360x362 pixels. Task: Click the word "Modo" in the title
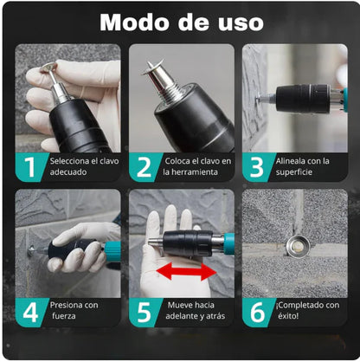point(134,22)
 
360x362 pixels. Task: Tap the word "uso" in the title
point(241,23)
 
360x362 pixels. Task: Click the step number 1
point(29,167)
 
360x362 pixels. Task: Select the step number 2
point(144,167)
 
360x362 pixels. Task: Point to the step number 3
point(257,167)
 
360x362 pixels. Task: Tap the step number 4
point(30,313)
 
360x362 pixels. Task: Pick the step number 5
point(144,313)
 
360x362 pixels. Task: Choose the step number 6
point(257,313)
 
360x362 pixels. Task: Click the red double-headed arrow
point(186,271)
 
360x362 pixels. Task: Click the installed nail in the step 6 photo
point(299,247)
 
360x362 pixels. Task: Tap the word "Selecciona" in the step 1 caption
point(70,161)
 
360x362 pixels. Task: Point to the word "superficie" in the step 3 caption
point(293,172)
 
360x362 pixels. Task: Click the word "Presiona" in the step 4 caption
point(67,305)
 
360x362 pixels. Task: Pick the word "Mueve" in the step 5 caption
point(179,305)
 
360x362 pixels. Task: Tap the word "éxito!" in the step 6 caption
point(288,315)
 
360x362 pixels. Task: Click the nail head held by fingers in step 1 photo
point(48,67)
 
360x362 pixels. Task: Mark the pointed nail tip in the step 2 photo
point(149,62)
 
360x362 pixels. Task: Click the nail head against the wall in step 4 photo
point(30,249)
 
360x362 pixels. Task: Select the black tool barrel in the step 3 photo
point(303,99)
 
